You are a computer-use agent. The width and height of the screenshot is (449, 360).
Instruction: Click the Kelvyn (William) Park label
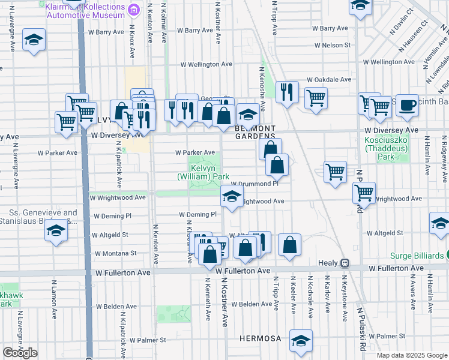point(203,173)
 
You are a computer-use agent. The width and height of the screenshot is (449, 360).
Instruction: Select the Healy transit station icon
point(345,263)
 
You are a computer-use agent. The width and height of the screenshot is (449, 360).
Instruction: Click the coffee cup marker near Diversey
point(407,104)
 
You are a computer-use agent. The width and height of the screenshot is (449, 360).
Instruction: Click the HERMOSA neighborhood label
point(260,338)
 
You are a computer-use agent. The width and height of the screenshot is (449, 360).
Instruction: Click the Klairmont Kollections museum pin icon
point(134,9)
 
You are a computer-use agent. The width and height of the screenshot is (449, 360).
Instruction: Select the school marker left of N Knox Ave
point(34,40)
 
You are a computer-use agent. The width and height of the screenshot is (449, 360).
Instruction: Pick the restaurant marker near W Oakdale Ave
point(288,91)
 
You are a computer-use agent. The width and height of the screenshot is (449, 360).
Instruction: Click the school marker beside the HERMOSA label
point(300,340)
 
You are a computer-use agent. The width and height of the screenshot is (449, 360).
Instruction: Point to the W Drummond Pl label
point(255,184)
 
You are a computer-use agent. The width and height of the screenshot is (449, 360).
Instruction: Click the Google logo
point(20,353)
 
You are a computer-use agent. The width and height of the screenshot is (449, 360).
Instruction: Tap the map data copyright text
point(412,355)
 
